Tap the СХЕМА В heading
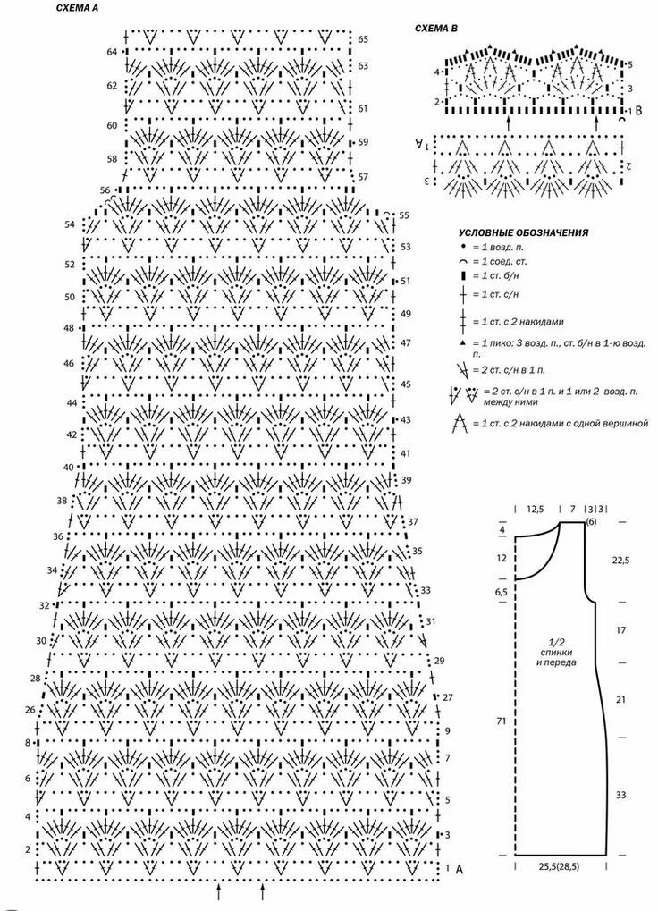(436, 29)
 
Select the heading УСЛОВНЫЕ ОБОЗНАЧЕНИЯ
(523, 232)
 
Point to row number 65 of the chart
(363, 40)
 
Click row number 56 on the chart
(105, 190)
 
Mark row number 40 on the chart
(69, 468)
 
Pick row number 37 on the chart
(413, 521)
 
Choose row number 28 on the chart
(35, 679)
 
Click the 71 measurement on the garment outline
(502, 720)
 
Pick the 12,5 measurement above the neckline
(535, 509)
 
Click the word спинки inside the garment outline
(556, 653)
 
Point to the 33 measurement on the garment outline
(620, 795)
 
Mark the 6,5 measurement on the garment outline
(502, 593)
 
